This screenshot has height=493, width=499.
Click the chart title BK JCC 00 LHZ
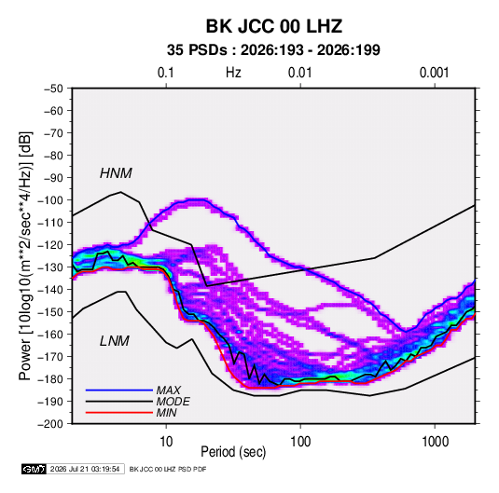(x=274, y=26)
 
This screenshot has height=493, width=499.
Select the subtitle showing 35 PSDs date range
(x=273, y=50)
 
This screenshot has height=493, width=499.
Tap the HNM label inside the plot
(x=116, y=173)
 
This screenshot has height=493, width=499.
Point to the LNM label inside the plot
(x=115, y=341)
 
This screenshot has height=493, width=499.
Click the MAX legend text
(x=169, y=390)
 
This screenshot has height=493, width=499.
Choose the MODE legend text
(x=173, y=402)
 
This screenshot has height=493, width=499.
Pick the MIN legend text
(x=167, y=413)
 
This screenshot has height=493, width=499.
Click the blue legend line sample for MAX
(x=119, y=390)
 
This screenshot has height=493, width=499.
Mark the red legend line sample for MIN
(x=119, y=413)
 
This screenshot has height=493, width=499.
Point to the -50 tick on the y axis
(x=54, y=89)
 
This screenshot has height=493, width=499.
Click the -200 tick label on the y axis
(x=50, y=424)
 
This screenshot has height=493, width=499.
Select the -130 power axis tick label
(x=50, y=267)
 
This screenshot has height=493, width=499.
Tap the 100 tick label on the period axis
(x=300, y=442)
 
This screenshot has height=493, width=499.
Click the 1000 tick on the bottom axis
(x=435, y=442)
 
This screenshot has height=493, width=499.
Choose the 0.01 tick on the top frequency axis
(x=299, y=73)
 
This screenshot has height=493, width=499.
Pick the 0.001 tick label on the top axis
(x=434, y=73)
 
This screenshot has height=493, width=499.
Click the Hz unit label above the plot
(x=233, y=73)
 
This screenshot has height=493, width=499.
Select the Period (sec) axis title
(x=233, y=452)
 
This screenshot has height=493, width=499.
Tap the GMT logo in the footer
(x=34, y=469)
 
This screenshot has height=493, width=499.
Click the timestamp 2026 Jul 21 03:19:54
(x=85, y=469)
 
